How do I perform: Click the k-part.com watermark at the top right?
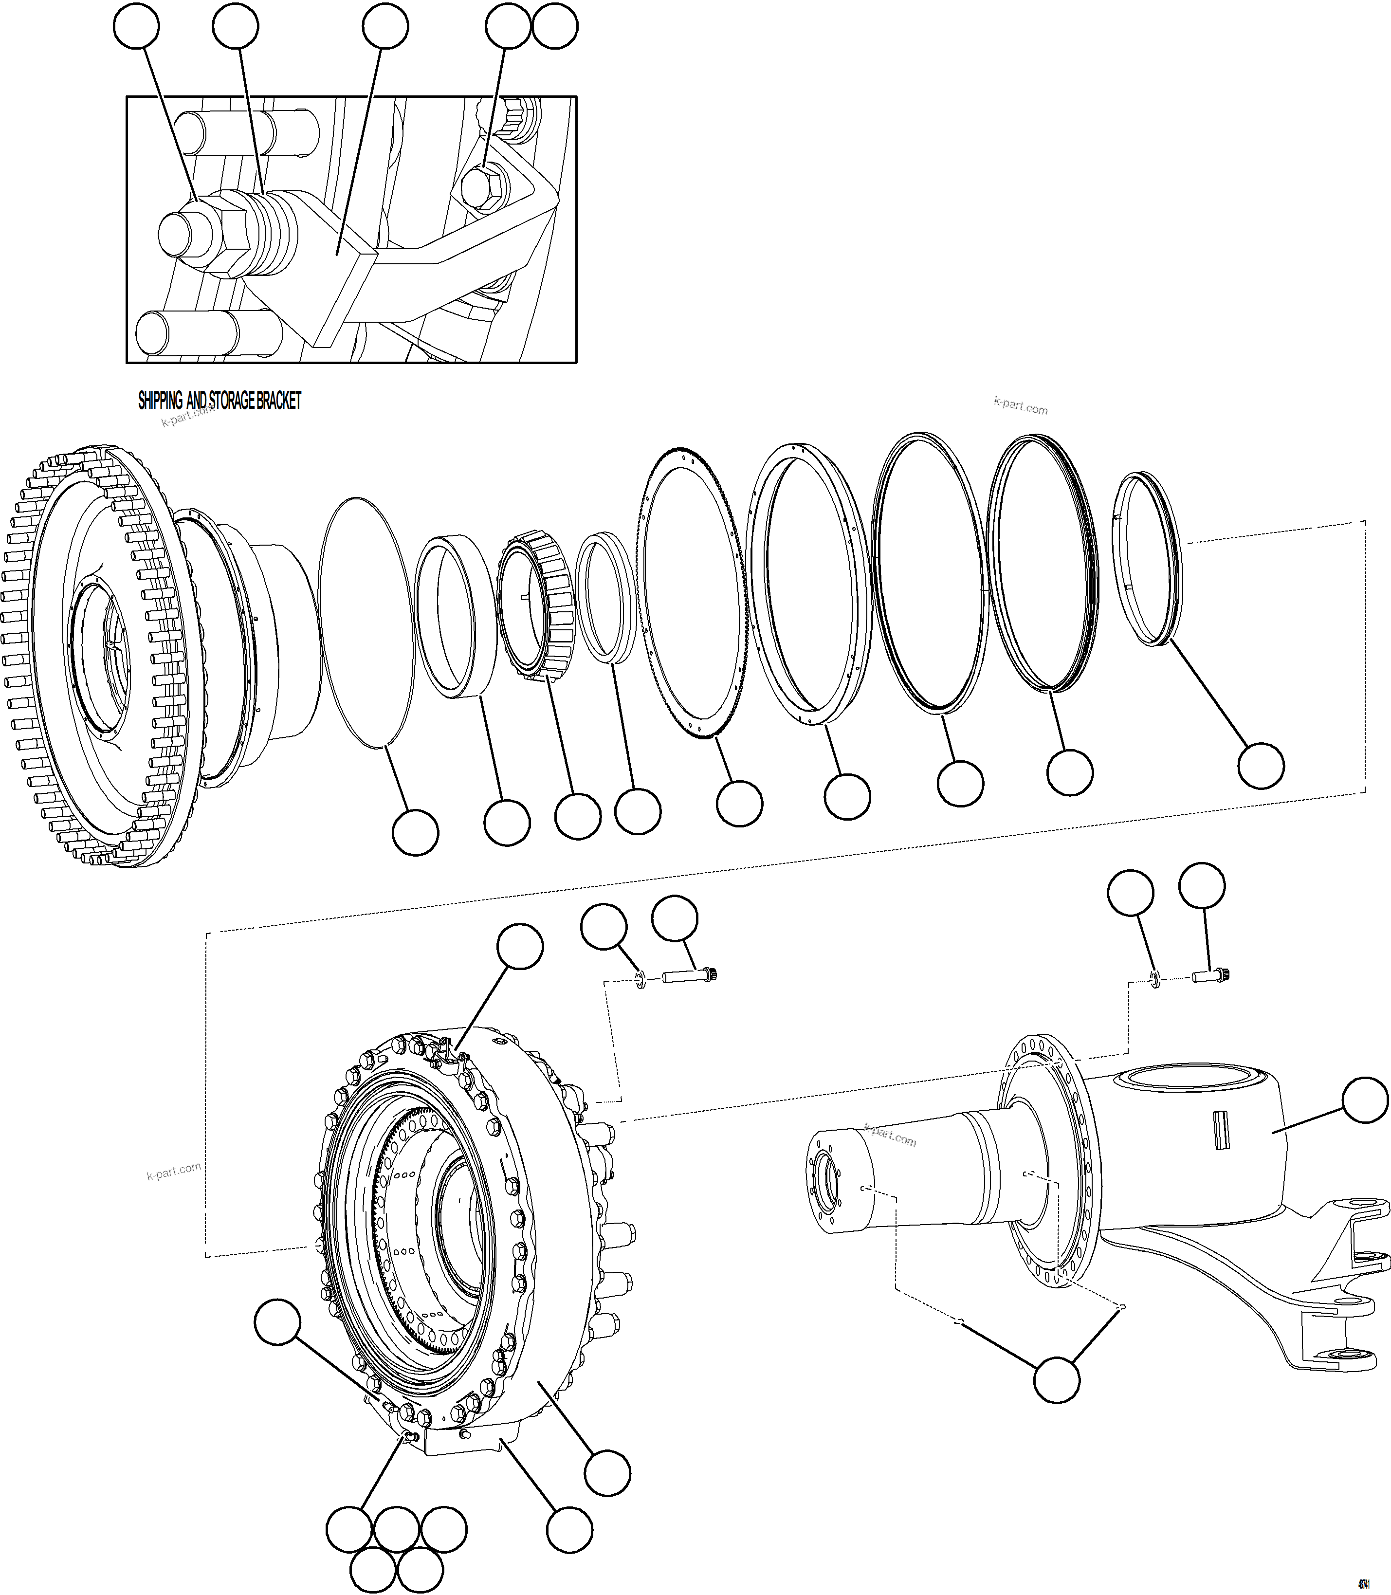[1020, 407]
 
